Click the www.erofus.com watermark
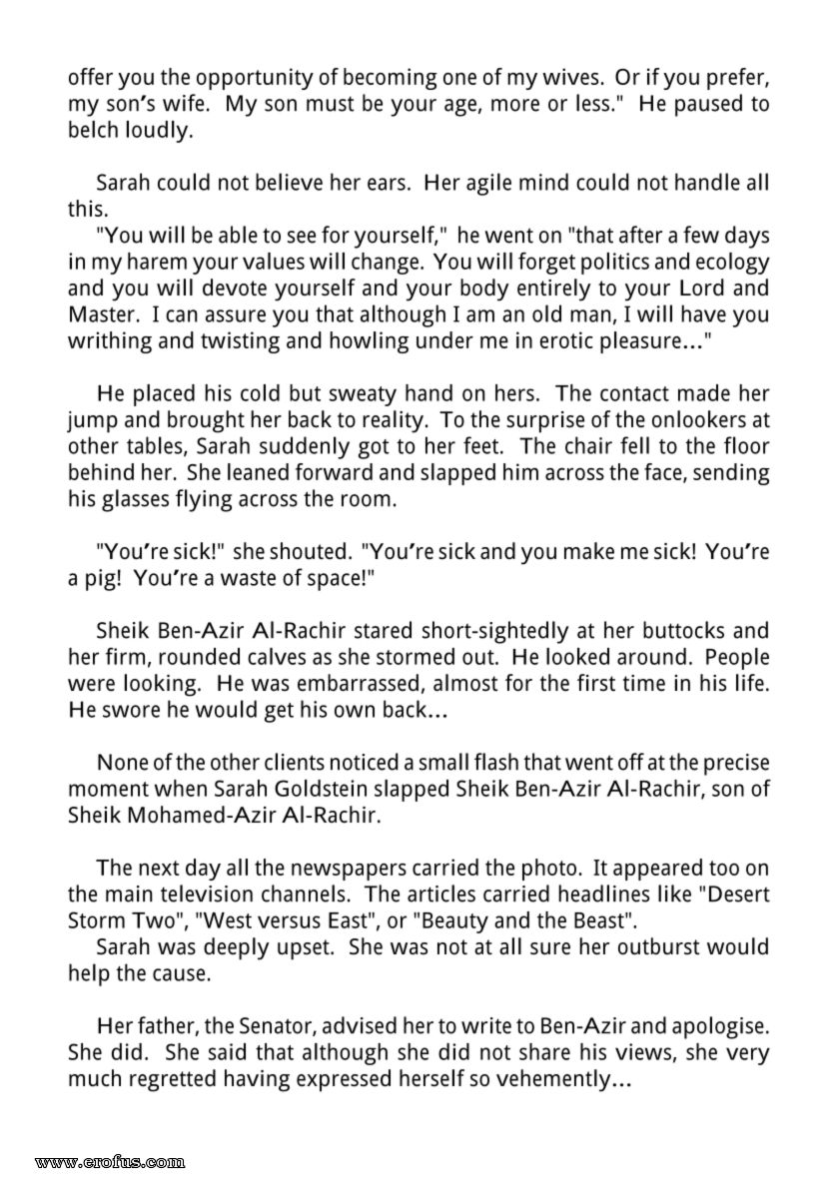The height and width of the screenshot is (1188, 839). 109,1161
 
